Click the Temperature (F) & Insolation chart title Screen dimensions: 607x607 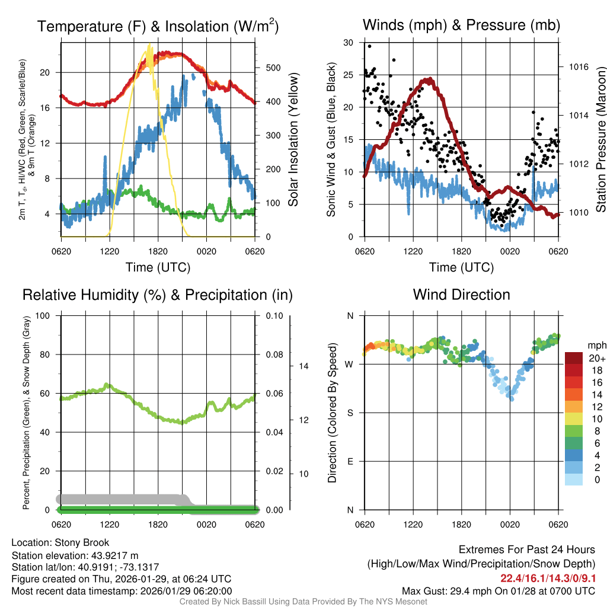(158, 26)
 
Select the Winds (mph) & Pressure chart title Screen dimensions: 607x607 (462, 25)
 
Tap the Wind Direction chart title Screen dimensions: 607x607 (461, 295)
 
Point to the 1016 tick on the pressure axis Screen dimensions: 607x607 (578, 67)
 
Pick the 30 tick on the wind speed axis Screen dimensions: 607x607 (349, 42)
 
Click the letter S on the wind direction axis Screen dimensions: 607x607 (350, 413)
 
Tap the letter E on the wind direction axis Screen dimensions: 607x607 (350, 461)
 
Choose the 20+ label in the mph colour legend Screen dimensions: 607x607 (596, 358)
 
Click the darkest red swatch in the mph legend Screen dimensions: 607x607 (574, 358)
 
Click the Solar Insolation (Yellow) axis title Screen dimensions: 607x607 (293, 140)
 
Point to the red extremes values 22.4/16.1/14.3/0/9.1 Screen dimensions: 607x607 (548, 578)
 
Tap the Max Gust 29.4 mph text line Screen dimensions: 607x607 (498, 590)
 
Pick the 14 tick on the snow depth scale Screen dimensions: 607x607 (303, 366)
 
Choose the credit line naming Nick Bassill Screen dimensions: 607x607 (303, 602)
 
